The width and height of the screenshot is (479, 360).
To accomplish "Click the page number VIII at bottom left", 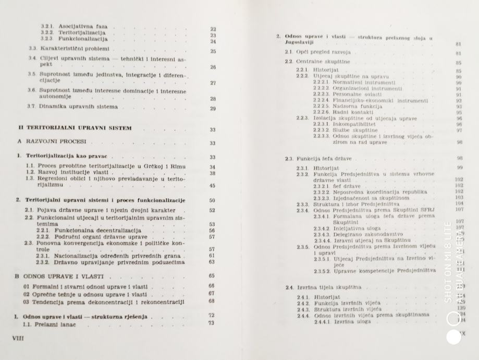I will tap(18, 338).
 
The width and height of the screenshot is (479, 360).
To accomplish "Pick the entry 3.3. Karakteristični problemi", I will tap(66, 50).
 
